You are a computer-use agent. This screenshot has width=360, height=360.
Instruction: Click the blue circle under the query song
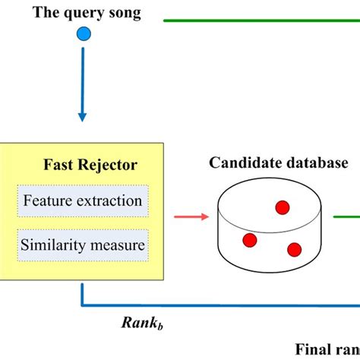click(84, 33)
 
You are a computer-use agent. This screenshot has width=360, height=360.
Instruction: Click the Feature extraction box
click(83, 201)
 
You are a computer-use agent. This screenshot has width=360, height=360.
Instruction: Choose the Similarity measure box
click(83, 245)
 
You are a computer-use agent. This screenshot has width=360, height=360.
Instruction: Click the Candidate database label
click(279, 163)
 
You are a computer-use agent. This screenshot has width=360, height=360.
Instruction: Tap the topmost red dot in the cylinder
click(282, 207)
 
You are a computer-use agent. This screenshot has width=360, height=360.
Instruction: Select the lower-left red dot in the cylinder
click(249, 240)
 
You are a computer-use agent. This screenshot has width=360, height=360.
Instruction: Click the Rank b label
click(142, 322)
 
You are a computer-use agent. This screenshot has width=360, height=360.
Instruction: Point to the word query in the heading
click(85, 14)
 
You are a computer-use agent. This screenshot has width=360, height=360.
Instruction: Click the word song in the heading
click(124, 14)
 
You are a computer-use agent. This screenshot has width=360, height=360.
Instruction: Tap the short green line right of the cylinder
click(346, 218)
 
